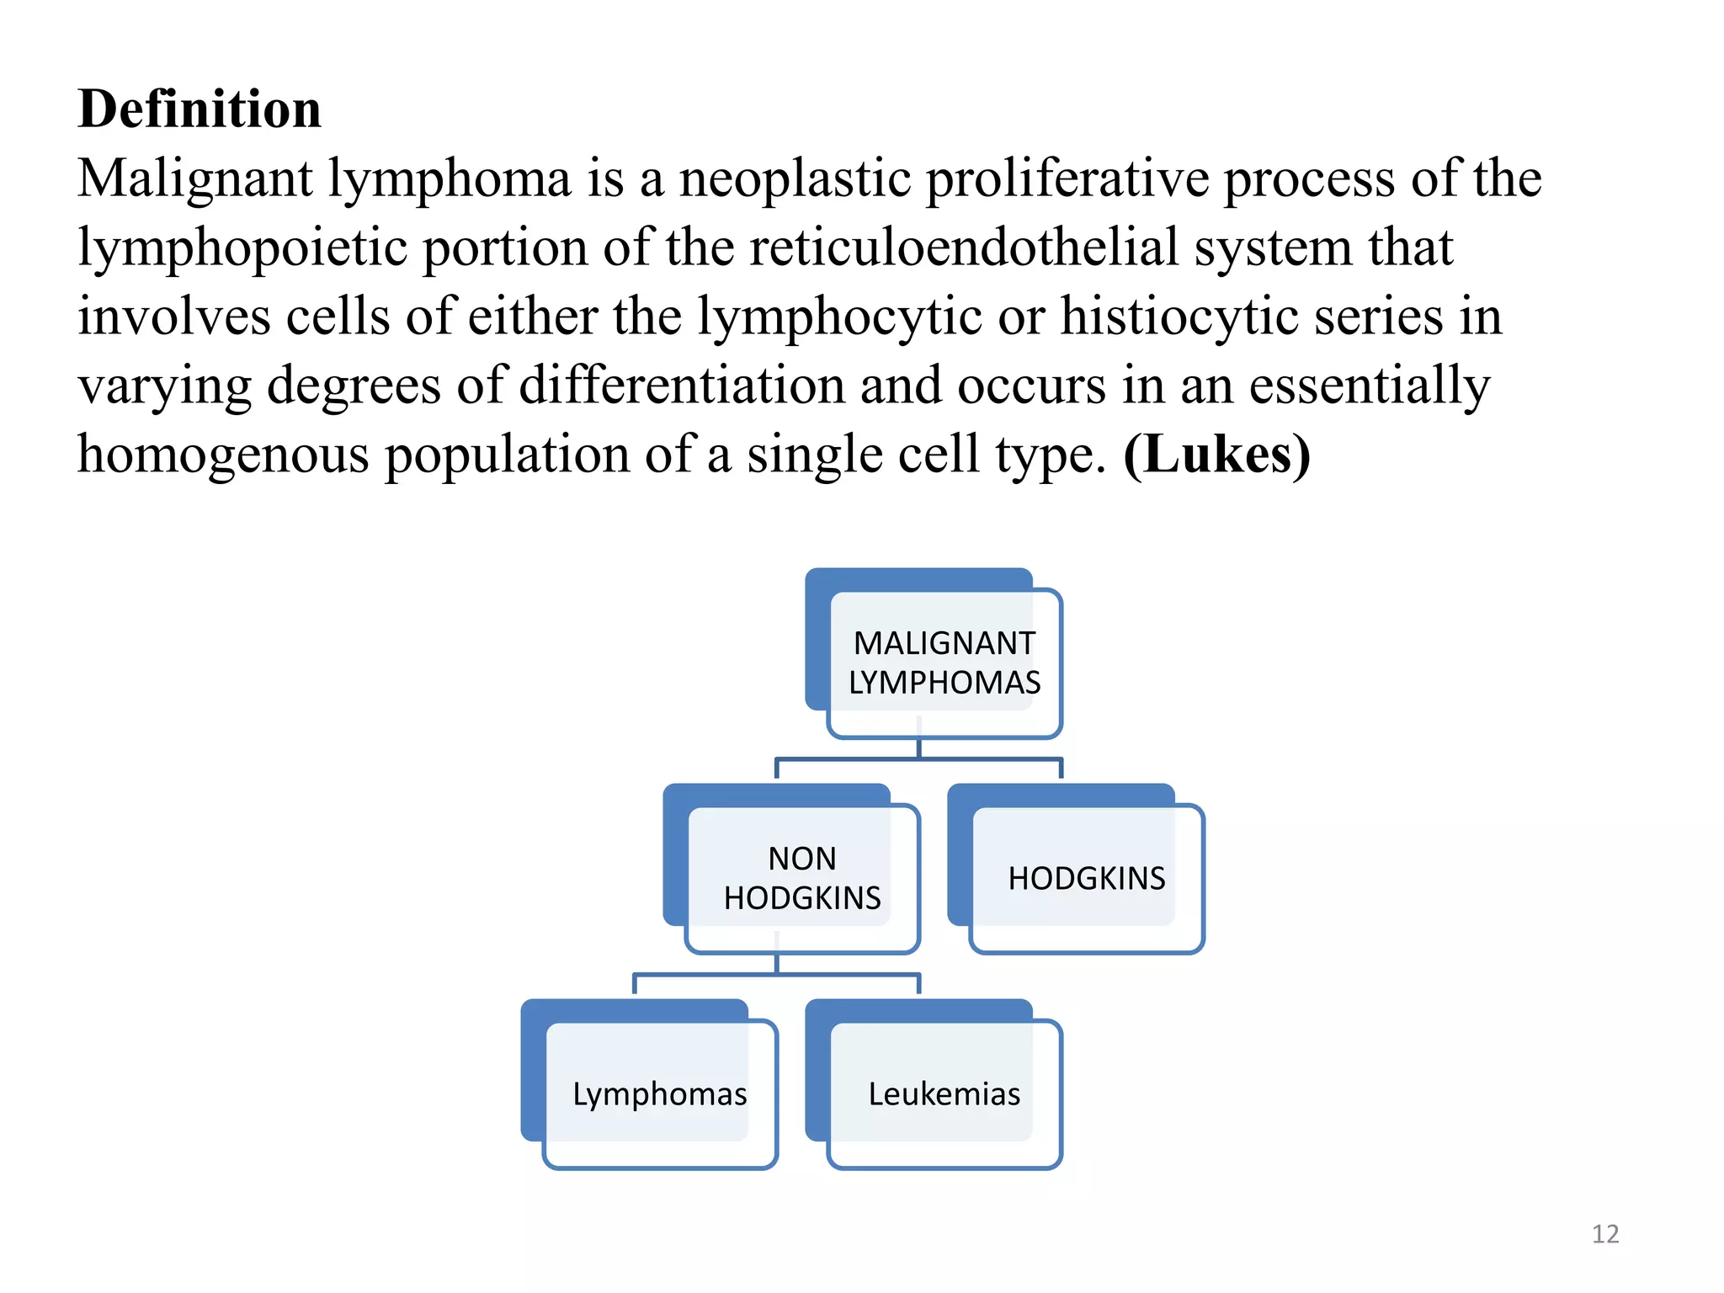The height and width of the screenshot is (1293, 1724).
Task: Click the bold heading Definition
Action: point(200,109)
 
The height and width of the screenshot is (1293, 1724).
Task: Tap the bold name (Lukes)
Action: point(1216,455)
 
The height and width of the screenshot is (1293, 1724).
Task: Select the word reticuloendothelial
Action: point(963,248)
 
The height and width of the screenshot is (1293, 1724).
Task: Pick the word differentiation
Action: point(681,386)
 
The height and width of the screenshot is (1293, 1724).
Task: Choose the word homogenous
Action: point(223,455)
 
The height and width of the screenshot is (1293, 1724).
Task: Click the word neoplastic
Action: point(795,179)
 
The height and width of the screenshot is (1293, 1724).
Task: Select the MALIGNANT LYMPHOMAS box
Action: point(944,663)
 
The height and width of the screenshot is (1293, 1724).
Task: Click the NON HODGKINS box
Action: point(802,879)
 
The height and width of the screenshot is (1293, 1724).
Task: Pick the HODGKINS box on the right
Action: point(1087,879)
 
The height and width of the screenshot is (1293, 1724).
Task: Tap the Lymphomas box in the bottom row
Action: point(660,1094)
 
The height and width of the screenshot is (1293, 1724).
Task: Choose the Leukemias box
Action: point(944,1094)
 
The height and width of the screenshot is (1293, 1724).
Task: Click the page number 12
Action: point(1605,1234)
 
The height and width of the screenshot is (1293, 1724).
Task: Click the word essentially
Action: point(1369,386)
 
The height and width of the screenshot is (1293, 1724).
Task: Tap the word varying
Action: point(164,386)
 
